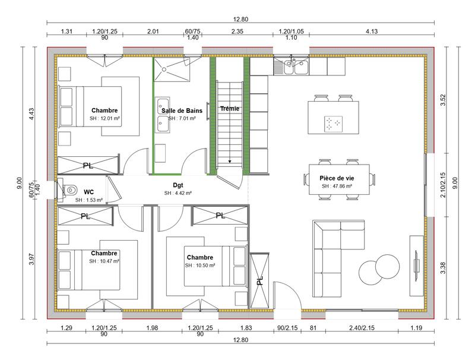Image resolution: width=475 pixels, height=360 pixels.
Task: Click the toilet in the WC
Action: (x=69, y=190)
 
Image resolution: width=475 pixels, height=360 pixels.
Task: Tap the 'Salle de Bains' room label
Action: (x=182, y=110)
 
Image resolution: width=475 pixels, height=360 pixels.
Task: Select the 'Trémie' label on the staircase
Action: (x=229, y=109)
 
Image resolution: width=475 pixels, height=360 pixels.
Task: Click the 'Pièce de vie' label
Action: (x=337, y=178)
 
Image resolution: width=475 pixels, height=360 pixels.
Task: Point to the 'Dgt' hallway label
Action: (x=178, y=185)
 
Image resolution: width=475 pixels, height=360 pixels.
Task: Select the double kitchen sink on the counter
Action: (x=294, y=68)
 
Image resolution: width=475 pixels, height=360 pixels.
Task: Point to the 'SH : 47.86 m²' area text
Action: (x=337, y=186)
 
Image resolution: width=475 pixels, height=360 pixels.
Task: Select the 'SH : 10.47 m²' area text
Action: (x=104, y=261)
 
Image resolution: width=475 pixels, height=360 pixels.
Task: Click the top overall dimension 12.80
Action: (x=240, y=19)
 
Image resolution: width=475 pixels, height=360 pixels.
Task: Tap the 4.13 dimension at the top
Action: (x=372, y=31)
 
